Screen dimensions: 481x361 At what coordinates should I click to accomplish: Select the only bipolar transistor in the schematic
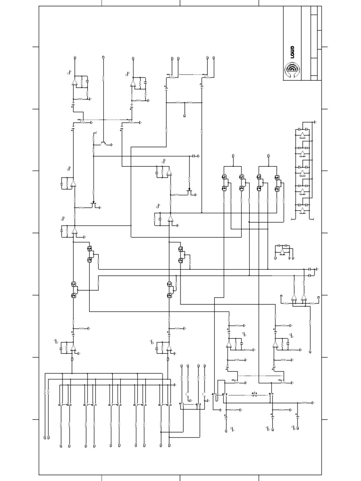pos(103,141)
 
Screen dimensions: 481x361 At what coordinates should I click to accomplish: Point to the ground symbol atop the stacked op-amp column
pos(315,122)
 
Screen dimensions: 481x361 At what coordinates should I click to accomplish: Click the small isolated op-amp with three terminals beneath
pos(282,252)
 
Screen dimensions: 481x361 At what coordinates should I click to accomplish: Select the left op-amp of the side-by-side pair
pos(294,297)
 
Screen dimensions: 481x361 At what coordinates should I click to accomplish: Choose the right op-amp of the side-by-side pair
pos(304,297)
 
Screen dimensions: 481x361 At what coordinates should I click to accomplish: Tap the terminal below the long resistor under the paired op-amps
pos(310,351)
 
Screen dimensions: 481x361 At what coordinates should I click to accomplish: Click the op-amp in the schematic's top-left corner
pos(74,82)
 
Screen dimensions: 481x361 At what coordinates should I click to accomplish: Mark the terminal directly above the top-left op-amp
pos(76,58)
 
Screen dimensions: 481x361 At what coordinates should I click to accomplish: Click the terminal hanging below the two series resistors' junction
pos(184,115)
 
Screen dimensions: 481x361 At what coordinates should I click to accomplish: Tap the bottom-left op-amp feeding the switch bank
pos(73,347)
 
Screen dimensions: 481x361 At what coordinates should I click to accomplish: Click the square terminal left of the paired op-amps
pos(281,296)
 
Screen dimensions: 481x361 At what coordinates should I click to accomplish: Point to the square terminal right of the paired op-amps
pos(319,296)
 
